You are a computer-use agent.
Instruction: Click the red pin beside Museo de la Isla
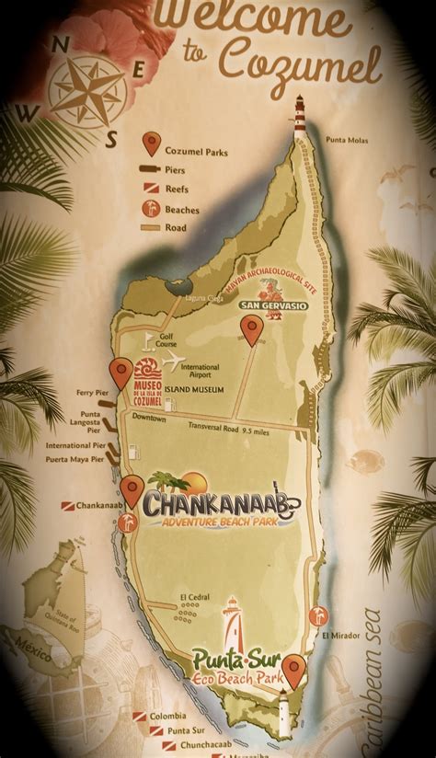click(120, 374)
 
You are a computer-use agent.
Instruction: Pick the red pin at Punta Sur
click(294, 669)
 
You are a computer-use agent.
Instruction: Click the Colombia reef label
click(168, 717)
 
